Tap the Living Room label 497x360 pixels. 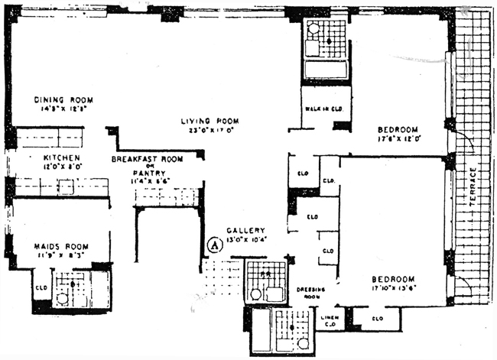click(x=210, y=121)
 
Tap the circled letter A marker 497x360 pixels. click(x=215, y=245)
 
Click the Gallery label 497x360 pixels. click(x=245, y=230)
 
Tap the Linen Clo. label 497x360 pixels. click(x=331, y=320)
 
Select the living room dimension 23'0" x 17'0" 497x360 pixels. click(x=210, y=130)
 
